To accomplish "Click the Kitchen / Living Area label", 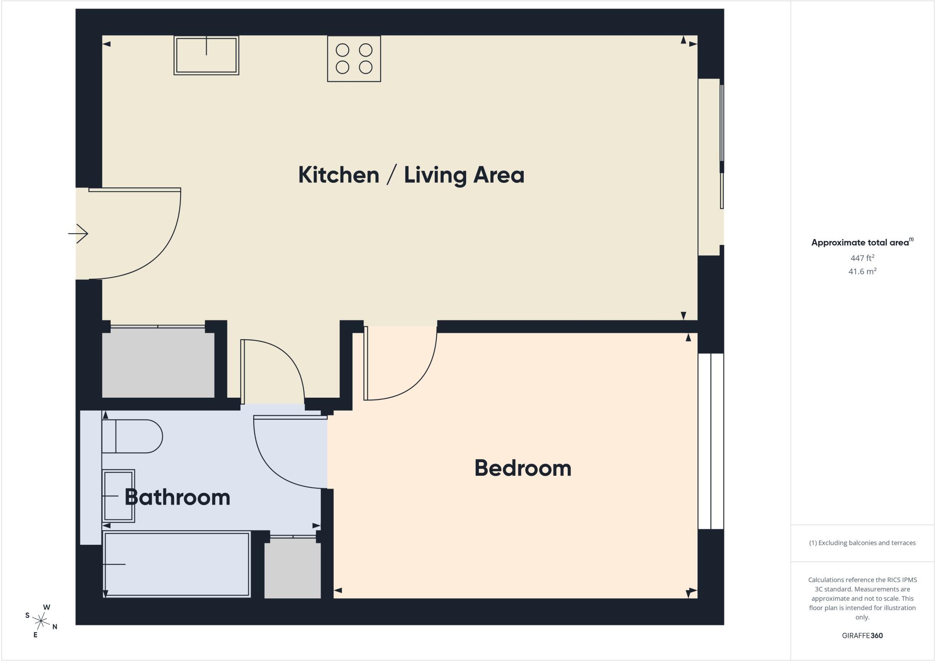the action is click(x=411, y=175).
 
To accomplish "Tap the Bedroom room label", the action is click(x=523, y=468).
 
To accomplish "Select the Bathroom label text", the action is click(x=177, y=497).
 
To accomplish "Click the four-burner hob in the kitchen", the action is click(x=354, y=59).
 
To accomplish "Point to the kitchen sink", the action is click(x=207, y=55).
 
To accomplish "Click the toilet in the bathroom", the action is click(x=132, y=436).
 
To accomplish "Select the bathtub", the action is click(x=176, y=564).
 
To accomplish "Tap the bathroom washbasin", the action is click(x=118, y=496).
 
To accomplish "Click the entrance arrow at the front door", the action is click(x=78, y=234).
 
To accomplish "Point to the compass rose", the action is click(x=42, y=621).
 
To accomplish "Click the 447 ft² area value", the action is click(x=862, y=258).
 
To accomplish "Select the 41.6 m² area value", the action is click(x=862, y=272).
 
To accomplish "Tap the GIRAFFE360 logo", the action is click(x=862, y=635).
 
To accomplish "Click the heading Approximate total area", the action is click(x=862, y=242).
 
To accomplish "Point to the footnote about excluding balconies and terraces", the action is click(x=862, y=543).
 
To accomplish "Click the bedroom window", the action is click(x=711, y=441).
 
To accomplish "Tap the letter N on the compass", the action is click(x=55, y=627).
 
